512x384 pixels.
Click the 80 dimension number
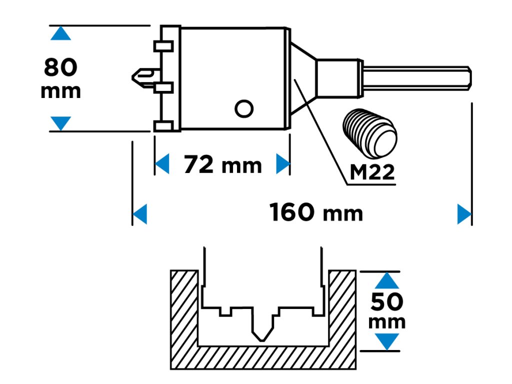click(x=60, y=67)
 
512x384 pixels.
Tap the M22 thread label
click(x=372, y=172)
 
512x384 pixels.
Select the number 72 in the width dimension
click(x=198, y=164)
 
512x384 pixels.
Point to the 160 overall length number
click(x=292, y=212)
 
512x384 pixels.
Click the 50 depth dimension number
click(x=387, y=301)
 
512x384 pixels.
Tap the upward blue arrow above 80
click(x=60, y=33)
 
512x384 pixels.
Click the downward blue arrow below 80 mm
click(x=60, y=122)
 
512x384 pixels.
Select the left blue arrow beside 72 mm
click(x=161, y=164)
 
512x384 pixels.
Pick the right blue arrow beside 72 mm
click(x=283, y=164)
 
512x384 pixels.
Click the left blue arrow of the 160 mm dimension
click(x=140, y=214)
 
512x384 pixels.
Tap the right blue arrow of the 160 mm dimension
click(x=464, y=214)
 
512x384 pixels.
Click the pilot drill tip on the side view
click(x=141, y=76)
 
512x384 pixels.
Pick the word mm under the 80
click(x=60, y=91)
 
